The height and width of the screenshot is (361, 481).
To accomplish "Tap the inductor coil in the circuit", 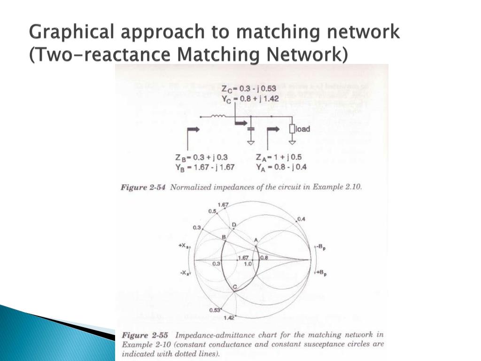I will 219,116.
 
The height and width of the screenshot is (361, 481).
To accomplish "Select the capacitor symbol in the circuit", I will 251,128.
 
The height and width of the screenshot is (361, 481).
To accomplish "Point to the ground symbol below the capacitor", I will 251,141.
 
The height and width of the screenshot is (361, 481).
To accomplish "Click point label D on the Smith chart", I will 233,225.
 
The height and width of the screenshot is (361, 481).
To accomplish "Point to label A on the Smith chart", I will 256,240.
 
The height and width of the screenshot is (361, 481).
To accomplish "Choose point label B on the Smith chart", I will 224,237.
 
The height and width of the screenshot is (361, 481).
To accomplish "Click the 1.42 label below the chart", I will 230,318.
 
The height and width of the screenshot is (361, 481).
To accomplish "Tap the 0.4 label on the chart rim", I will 301,219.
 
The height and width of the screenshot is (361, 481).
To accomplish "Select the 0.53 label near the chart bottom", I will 215,310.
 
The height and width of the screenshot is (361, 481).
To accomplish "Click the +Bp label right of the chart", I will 322,273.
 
